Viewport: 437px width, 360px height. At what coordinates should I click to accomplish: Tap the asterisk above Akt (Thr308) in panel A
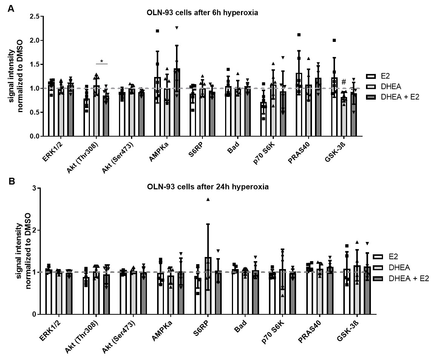pos(102,61)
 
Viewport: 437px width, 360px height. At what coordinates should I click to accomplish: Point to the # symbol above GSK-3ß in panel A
pos(343,82)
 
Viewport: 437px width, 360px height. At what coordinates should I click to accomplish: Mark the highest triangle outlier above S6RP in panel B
pos(208,199)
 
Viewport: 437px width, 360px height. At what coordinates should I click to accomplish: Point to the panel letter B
pos(11,182)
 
